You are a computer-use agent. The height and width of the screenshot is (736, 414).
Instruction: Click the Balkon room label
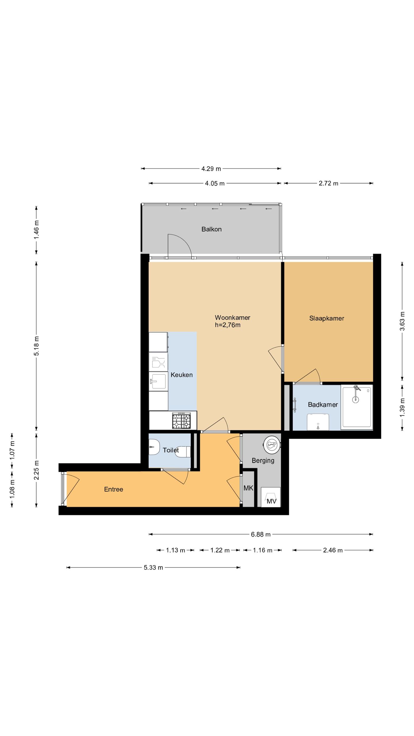(211, 229)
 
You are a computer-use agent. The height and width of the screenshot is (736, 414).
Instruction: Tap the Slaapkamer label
(327, 318)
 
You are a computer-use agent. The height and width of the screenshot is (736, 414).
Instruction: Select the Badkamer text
(323, 405)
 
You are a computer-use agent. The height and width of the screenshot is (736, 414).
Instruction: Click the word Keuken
(182, 375)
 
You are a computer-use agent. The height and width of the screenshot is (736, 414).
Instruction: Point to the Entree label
(114, 489)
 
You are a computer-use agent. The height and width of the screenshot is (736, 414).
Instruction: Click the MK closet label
(248, 488)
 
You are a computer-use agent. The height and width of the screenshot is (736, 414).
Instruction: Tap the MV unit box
(271, 497)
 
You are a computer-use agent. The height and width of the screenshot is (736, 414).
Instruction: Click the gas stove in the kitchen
(181, 421)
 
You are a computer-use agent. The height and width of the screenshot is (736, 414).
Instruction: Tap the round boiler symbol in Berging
(272, 445)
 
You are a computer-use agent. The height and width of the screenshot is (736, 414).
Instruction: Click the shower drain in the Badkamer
(356, 399)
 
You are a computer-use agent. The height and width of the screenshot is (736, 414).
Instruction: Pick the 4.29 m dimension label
(211, 169)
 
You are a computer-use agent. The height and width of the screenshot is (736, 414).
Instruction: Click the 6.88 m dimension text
(261, 534)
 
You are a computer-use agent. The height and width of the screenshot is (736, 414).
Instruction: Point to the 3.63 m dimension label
(402, 321)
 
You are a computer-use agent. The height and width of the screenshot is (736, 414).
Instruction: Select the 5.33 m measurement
(154, 568)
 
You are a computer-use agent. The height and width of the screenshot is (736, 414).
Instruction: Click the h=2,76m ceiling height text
(228, 325)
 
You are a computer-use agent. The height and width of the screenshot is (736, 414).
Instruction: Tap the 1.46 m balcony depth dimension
(36, 230)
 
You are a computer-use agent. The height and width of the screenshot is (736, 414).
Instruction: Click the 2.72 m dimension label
(328, 183)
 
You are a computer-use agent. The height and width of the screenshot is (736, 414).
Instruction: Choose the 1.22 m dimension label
(220, 550)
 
